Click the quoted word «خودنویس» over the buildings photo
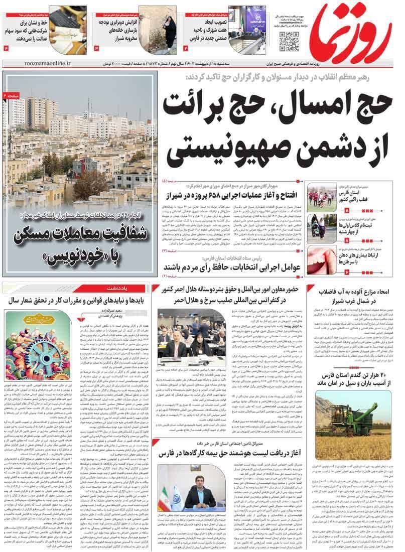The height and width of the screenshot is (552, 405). click(75, 256)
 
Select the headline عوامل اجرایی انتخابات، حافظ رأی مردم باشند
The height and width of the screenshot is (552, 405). click(231, 266)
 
